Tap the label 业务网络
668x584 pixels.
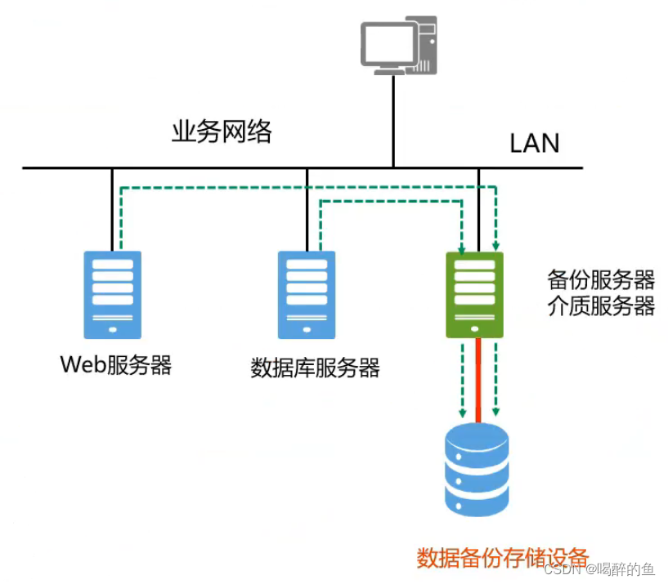point(221,132)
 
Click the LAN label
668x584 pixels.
point(535,143)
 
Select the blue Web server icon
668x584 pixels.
point(112,294)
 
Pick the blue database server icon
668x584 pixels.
point(307,294)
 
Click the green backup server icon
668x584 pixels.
point(474,294)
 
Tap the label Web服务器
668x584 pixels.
point(116,364)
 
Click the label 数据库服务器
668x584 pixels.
point(315,368)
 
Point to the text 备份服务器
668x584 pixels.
point(601,280)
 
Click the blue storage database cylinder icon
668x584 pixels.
point(477,470)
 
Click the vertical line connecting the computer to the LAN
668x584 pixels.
point(393,123)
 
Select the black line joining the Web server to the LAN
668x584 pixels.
point(112,208)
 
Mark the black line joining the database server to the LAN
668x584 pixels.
point(307,208)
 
